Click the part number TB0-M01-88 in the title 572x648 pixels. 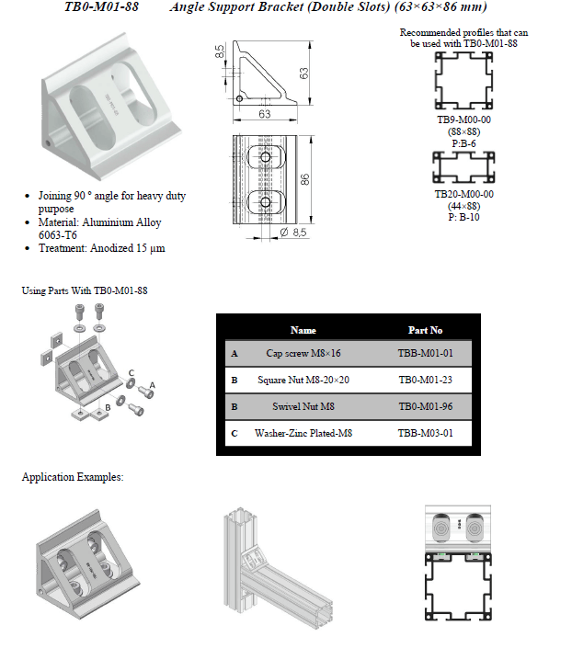[103, 8]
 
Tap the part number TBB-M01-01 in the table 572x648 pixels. [425, 353]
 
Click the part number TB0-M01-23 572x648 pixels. [425, 380]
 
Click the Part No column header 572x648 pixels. [425, 330]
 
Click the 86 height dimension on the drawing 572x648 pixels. [304, 180]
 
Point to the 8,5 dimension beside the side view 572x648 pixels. [222, 51]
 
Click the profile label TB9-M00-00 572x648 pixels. [464, 120]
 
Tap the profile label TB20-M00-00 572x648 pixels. [464, 195]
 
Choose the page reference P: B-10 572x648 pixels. [463, 217]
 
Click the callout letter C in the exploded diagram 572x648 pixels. [132, 372]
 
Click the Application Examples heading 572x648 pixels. [73, 477]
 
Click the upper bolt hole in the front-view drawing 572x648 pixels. [266, 158]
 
